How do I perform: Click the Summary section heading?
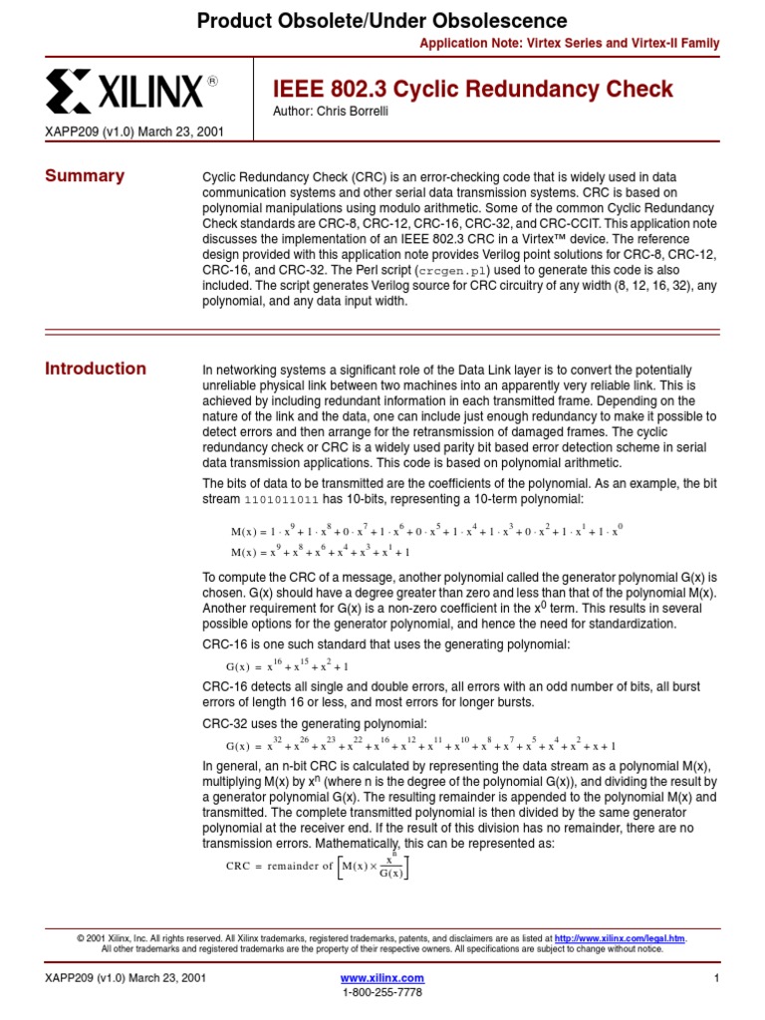(85, 176)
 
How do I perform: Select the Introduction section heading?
(96, 369)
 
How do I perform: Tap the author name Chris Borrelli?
(317, 111)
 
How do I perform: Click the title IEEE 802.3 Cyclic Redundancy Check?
(473, 89)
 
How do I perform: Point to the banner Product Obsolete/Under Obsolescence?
(382, 21)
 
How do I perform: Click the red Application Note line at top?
(569, 44)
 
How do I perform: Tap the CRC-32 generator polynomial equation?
(421, 745)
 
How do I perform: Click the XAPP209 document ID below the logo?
(134, 131)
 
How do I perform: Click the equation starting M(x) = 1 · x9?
(426, 531)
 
